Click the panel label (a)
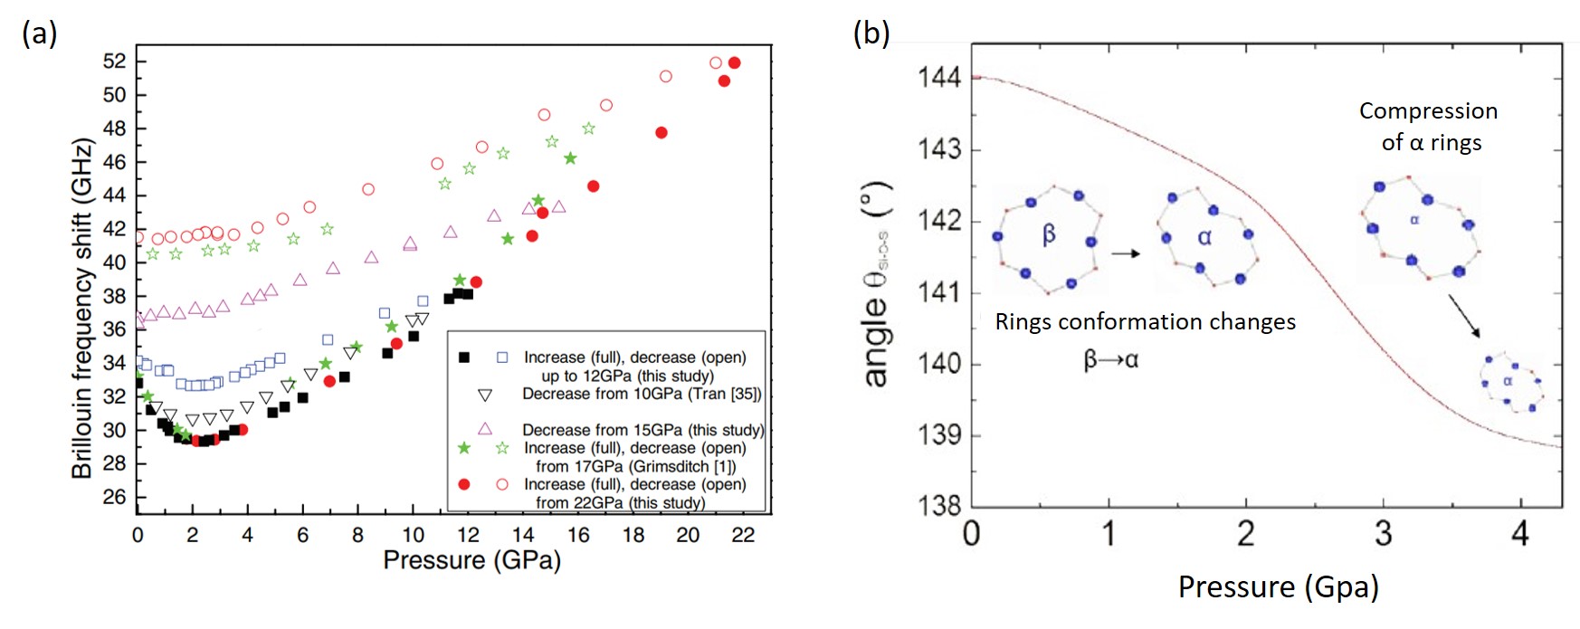click(40, 33)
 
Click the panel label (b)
click(871, 33)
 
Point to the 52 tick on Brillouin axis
click(114, 62)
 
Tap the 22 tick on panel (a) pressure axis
click(743, 535)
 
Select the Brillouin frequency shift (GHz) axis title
click(82, 308)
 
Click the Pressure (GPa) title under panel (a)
click(471, 560)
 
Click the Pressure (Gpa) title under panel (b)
click(1278, 587)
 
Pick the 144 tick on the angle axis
click(939, 78)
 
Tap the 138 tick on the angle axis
click(939, 506)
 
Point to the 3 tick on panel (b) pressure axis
click(1383, 534)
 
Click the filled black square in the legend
click(464, 357)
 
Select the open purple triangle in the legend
click(484, 429)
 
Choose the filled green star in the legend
click(464, 448)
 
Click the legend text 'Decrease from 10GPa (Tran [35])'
click(642, 394)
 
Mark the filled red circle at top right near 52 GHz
click(734, 62)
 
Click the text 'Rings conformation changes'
click(1145, 322)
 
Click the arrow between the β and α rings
click(1125, 253)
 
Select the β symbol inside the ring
click(1049, 235)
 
